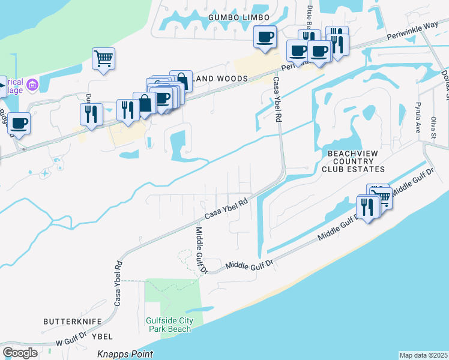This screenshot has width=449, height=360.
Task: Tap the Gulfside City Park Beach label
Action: point(170,325)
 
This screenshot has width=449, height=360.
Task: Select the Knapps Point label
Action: point(125,354)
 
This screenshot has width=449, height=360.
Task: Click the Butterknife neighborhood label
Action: point(73,322)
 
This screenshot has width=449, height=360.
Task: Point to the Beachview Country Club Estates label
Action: point(353,161)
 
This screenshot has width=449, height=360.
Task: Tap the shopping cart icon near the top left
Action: point(103,59)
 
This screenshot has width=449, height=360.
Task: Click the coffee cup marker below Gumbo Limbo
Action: point(265,38)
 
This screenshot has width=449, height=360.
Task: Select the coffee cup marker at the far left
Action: point(19,124)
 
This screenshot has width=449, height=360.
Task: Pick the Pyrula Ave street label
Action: point(418,118)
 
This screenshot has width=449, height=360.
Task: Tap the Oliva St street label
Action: point(433,128)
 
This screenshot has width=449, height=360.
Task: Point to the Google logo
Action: point(20,353)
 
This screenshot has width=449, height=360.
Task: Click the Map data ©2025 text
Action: point(423,355)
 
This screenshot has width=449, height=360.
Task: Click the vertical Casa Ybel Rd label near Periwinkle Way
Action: point(277,100)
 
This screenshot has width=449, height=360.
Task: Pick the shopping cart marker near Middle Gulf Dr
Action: point(381,196)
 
